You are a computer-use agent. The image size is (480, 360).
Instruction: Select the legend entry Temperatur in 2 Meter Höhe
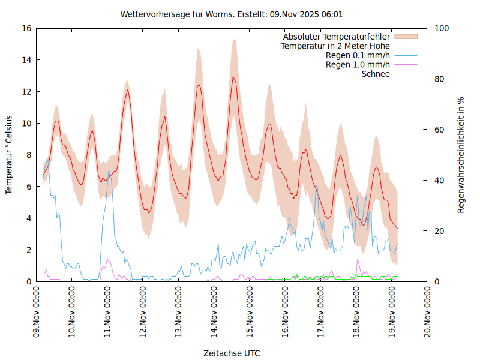(335, 46)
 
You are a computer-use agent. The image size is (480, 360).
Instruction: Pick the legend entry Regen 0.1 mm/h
(358, 55)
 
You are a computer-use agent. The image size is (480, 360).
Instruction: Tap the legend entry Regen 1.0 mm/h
(358, 64)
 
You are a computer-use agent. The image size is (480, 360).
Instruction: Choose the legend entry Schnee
(376, 74)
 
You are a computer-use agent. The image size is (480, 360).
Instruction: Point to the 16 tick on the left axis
(26, 28)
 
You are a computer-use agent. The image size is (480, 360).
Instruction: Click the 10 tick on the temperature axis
(26, 124)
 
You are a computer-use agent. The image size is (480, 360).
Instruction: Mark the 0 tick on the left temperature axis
(29, 281)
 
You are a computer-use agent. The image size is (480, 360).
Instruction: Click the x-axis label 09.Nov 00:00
(37, 312)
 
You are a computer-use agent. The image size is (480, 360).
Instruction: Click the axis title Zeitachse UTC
(232, 353)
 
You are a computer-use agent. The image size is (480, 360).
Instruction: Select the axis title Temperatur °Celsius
(9, 154)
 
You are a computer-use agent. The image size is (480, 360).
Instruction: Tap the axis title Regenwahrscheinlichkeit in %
(461, 154)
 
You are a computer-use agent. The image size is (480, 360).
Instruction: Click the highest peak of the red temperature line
(233, 76)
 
